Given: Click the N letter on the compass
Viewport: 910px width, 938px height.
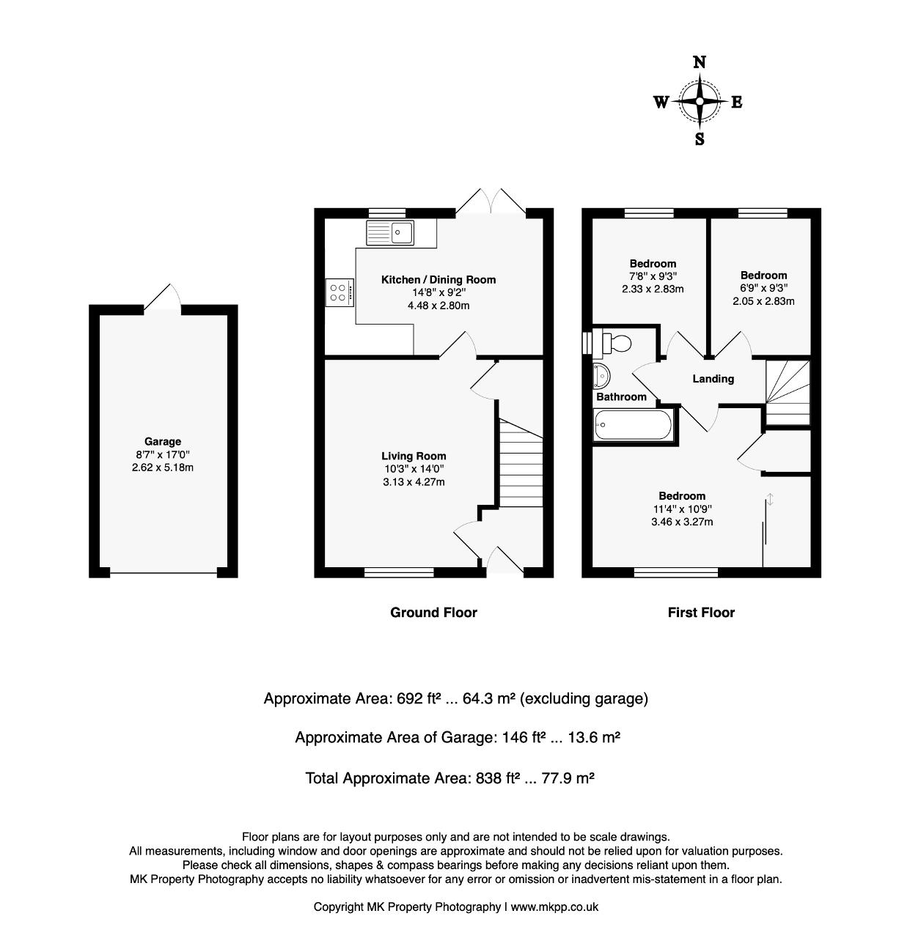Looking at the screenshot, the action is [700, 62].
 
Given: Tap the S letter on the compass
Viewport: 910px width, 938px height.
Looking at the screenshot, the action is [700, 139].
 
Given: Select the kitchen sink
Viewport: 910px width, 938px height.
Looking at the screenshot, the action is [389, 233].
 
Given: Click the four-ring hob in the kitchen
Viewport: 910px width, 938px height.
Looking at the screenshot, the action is [340, 292].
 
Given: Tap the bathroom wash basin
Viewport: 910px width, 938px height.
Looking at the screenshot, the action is [601, 375].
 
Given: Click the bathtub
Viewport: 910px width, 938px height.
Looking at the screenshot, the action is [633, 424].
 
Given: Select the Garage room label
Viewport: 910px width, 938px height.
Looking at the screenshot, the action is [163, 441].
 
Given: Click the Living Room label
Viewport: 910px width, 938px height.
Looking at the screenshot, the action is [414, 456].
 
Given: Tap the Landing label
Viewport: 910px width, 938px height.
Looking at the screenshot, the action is [713, 379].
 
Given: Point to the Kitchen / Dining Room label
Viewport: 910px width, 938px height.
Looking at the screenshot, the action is [438, 280].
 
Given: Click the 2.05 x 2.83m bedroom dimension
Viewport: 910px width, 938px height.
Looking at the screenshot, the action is [763, 300].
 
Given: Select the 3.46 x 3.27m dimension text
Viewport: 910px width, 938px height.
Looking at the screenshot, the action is [682, 522].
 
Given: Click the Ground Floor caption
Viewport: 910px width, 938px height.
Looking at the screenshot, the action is [433, 612].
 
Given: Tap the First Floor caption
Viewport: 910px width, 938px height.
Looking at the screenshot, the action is [701, 612].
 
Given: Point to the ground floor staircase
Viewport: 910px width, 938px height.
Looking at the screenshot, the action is [521, 462].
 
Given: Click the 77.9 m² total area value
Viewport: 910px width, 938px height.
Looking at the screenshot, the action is [568, 778].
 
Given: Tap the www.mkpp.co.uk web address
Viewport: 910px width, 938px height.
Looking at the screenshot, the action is [554, 906].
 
